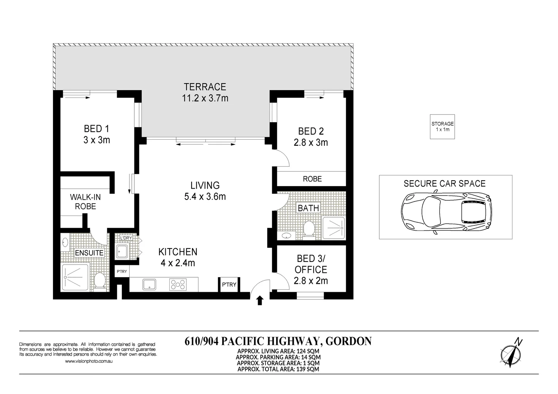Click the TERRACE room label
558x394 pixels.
205,87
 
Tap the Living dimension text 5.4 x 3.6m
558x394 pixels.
205,197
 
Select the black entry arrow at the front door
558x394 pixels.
260,300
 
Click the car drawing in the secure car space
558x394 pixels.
446,212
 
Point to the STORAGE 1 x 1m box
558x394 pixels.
442,127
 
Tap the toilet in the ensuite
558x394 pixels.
100,282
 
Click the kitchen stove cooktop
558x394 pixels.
178,285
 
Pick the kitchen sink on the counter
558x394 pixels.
149,285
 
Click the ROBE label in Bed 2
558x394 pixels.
312,179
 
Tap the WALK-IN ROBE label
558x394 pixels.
85,202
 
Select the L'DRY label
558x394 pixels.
126,238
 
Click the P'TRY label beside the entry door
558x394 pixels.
229,285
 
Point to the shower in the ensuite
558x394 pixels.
75,277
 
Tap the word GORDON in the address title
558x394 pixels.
349,341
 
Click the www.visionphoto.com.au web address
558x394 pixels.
89,361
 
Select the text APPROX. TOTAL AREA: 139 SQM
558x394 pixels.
278,369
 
